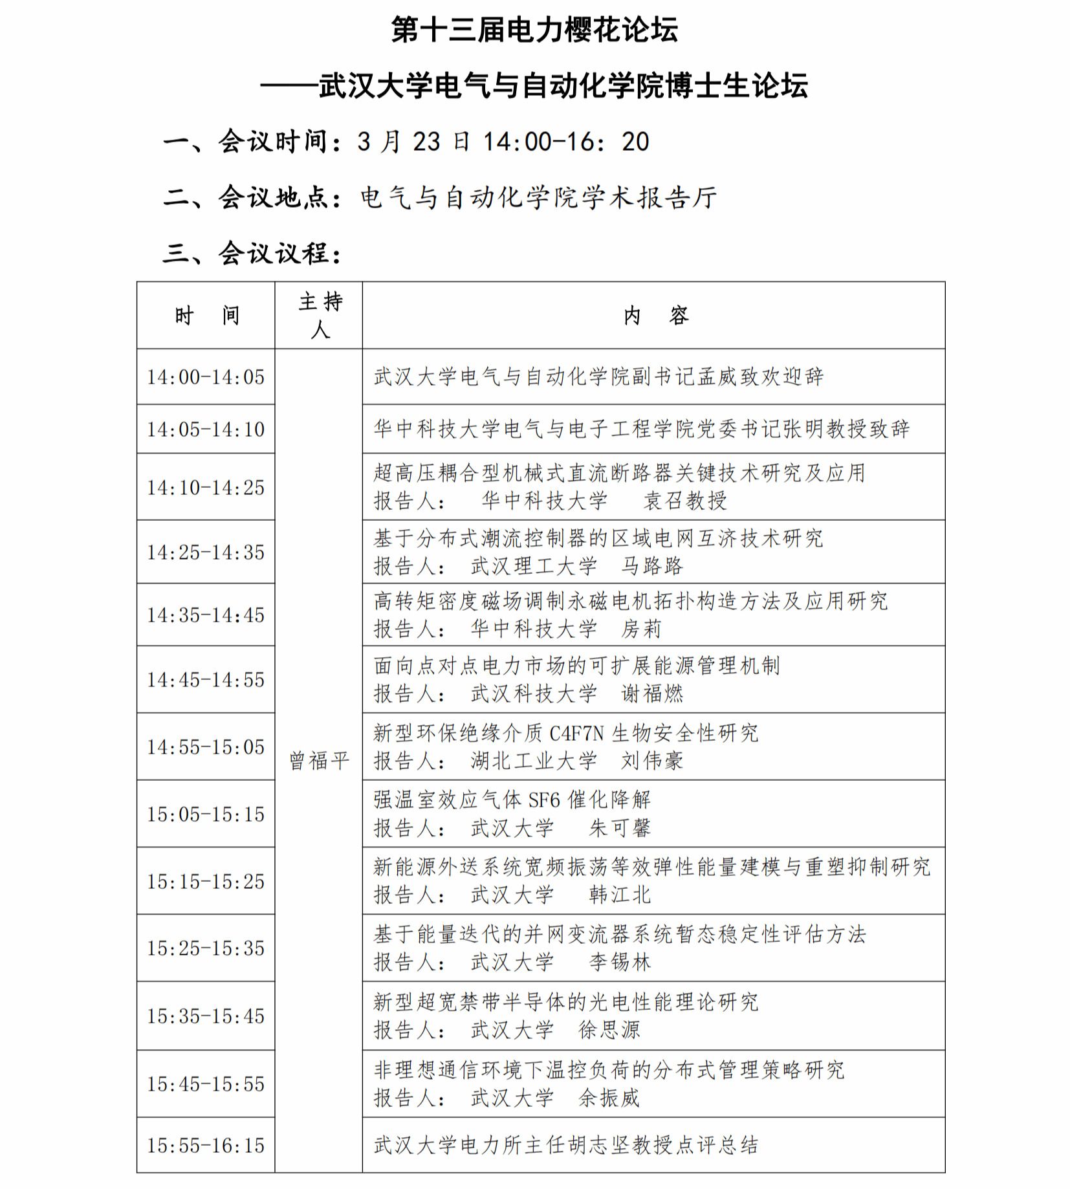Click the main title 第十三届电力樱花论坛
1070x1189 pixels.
[534, 30]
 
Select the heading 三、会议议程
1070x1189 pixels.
[252, 253]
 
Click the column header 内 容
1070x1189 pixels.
[655, 316]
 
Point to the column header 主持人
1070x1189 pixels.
[320, 316]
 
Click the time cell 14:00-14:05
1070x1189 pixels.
[206, 377]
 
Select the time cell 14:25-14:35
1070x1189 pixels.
[206, 552]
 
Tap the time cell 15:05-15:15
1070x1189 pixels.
[206, 814]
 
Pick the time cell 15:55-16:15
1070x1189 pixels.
[206, 1146]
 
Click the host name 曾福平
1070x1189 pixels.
[320, 761]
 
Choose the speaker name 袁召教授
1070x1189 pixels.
[684, 501]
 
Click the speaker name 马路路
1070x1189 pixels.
[652, 566]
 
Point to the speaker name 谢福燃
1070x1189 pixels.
[652, 694]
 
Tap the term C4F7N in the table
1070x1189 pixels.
[576, 734]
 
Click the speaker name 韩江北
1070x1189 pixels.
[620, 895]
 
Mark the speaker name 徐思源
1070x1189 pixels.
[609, 1030]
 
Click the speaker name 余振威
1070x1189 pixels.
[609, 1098]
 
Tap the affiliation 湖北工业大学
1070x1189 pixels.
[534, 761]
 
